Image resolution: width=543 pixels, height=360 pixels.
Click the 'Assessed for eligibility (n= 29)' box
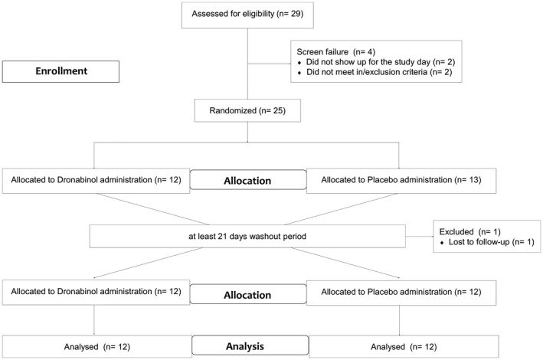[247, 15]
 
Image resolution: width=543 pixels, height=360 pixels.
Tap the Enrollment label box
[61, 71]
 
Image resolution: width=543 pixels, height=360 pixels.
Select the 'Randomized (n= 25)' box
[247, 110]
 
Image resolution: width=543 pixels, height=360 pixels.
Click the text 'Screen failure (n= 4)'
[335, 52]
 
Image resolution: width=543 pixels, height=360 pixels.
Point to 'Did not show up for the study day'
[368, 62]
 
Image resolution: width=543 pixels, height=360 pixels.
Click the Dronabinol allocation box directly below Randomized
[96, 181]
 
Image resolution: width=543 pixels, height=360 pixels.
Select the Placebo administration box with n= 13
[401, 181]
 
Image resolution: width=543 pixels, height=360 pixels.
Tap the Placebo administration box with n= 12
[401, 293]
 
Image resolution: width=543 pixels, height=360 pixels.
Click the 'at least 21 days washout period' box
[247, 237]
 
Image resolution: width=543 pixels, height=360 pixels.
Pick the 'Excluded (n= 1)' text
[469, 232]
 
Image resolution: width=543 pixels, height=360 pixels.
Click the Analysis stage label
[250, 345]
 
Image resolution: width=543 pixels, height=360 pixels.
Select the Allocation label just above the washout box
[247, 180]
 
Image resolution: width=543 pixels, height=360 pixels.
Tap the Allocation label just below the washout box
[247, 294]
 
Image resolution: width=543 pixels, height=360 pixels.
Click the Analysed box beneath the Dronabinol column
[97, 346]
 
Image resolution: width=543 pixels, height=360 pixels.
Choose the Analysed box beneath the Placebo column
[404, 346]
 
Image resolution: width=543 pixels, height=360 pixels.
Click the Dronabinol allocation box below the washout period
[96, 293]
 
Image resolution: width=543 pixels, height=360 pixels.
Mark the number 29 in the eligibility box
[295, 14]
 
